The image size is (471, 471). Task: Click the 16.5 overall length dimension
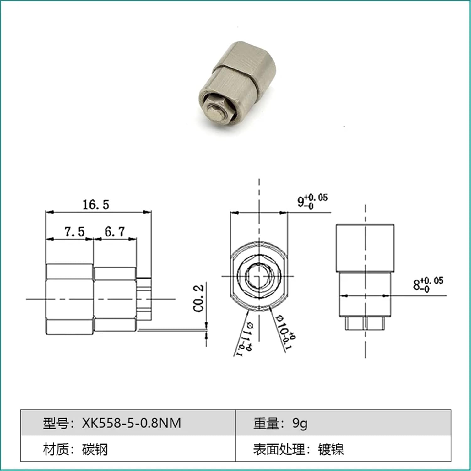coord(96,205)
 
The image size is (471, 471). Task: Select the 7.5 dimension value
coord(75,232)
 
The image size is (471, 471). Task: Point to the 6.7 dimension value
coord(115,232)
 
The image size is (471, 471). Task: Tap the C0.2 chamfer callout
coord(198,298)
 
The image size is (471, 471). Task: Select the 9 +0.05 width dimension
coord(312,201)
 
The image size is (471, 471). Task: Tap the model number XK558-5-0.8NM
coord(132,423)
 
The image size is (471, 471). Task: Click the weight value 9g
coord(300,423)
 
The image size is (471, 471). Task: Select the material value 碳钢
coord(95,449)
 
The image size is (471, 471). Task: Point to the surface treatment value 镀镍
coord(331,449)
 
